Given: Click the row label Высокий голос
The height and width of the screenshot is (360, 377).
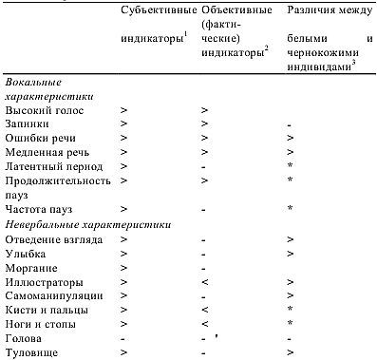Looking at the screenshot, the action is tap(44, 111).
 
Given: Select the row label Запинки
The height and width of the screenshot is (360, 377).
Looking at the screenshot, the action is tap(28, 124).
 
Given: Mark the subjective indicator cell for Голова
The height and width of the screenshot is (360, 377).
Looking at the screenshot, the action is tap(124, 338).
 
